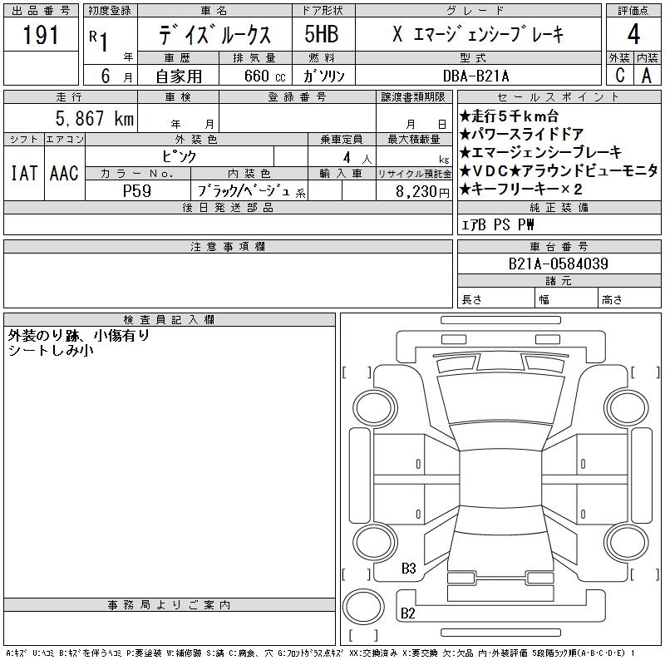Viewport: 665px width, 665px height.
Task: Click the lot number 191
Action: point(41,35)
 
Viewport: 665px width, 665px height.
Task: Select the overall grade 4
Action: point(633,35)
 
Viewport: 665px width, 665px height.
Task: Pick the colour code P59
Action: point(136,190)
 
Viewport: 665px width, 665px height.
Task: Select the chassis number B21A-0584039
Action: point(559,264)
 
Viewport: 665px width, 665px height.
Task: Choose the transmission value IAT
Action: point(23,174)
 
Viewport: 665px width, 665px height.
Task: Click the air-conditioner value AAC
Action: point(64,174)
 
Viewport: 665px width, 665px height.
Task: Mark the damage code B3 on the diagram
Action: point(408,569)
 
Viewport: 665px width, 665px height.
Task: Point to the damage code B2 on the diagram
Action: point(408,613)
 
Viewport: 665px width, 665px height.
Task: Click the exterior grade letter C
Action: point(619,75)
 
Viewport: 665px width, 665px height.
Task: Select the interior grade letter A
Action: point(646,75)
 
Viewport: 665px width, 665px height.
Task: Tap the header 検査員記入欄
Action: point(169,319)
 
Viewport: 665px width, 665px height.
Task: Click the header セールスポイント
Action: point(558,97)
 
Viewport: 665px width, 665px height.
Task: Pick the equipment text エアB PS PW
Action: point(498,224)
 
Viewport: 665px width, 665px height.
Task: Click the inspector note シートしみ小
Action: point(50,351)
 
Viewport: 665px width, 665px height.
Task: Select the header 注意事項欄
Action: point(228,246)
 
